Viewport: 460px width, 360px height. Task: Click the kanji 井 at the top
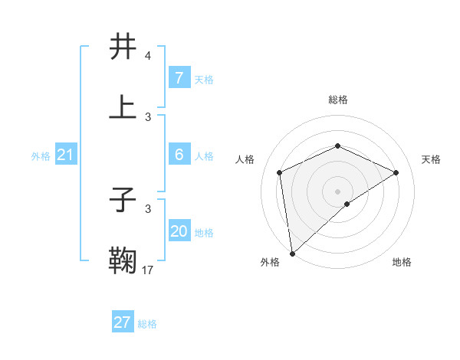[x=123, y=47]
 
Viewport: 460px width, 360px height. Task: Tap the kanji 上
[x=123, y=107]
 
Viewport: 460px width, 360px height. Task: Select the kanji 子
[x=123, y=201]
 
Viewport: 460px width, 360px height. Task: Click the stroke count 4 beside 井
[x=147, y=57]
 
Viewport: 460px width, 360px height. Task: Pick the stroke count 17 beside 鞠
[x=148, y=270]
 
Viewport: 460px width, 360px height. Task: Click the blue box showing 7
[x=179, y=78]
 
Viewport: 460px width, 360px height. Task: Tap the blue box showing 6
[x=179, y=155]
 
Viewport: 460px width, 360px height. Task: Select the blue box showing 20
[x=179, y=232]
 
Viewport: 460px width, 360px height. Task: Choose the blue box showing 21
[x=65, y=155]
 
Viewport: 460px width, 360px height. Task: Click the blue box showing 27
[x=122, y=322]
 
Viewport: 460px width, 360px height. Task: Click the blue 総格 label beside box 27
[x=147, y=324]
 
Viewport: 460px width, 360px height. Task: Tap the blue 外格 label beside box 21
[x=41, y=156]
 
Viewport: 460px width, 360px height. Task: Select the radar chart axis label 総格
[x=337, y=100]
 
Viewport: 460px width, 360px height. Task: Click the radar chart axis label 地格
[x=402, y=262]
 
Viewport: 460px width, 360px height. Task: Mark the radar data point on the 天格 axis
[x=396, y=172]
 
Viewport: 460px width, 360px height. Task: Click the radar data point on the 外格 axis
[x=292, y=253]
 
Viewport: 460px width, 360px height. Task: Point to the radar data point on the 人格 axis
[x=280, y=172]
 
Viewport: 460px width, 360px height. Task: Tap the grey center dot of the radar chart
[x=337, y=191]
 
